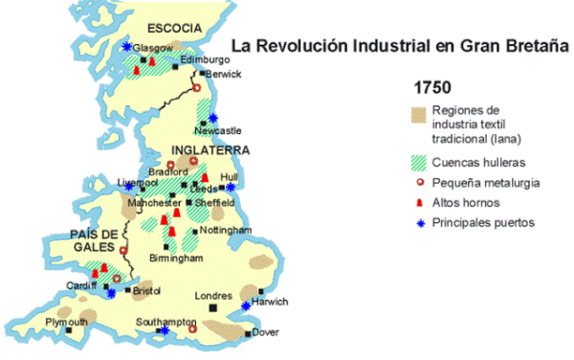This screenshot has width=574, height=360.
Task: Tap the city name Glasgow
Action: point(154,47)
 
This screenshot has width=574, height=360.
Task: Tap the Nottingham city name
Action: point(227,231)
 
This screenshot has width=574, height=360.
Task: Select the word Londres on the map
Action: point(213,296)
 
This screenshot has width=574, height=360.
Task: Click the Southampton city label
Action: point(165,322)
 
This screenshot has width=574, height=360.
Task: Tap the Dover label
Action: point(268,333)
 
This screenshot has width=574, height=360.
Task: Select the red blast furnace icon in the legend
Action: point(418,202)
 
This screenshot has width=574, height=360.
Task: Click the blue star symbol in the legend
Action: point(418,223)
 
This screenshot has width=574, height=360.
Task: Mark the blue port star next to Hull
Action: point(230,188)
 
